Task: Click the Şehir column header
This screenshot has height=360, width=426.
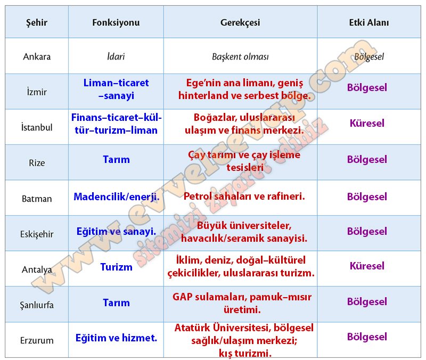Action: [37, 23]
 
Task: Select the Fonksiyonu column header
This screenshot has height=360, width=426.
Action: [116, 22]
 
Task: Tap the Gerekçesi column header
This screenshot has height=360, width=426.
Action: [240, 23]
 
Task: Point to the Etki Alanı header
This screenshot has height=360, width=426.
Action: [369, 22]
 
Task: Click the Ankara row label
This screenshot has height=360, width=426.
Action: [37, 56]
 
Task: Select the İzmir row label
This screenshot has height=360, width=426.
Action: [37, 92]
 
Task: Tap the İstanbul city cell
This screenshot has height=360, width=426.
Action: [37, 127]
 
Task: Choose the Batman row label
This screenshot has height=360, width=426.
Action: [37, 199]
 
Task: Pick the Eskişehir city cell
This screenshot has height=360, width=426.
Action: [37, 234]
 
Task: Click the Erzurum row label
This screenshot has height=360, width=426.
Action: [37, 340]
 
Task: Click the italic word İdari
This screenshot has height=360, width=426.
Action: [116, 56]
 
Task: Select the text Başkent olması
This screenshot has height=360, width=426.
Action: [240, 57]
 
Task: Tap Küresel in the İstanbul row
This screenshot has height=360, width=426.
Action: [367, 123]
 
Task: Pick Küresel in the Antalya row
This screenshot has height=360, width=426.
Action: [367, 266]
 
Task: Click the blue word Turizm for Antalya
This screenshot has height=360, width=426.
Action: [116, 267]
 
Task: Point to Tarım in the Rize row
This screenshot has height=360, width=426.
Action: [116, 159]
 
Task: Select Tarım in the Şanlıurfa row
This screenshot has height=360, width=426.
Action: [116, 302]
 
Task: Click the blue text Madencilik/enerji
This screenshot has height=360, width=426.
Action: [117, 197]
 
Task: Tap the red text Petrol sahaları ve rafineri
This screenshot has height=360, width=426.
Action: [244, 196]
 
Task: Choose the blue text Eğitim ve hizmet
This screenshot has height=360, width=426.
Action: [116, 338]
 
